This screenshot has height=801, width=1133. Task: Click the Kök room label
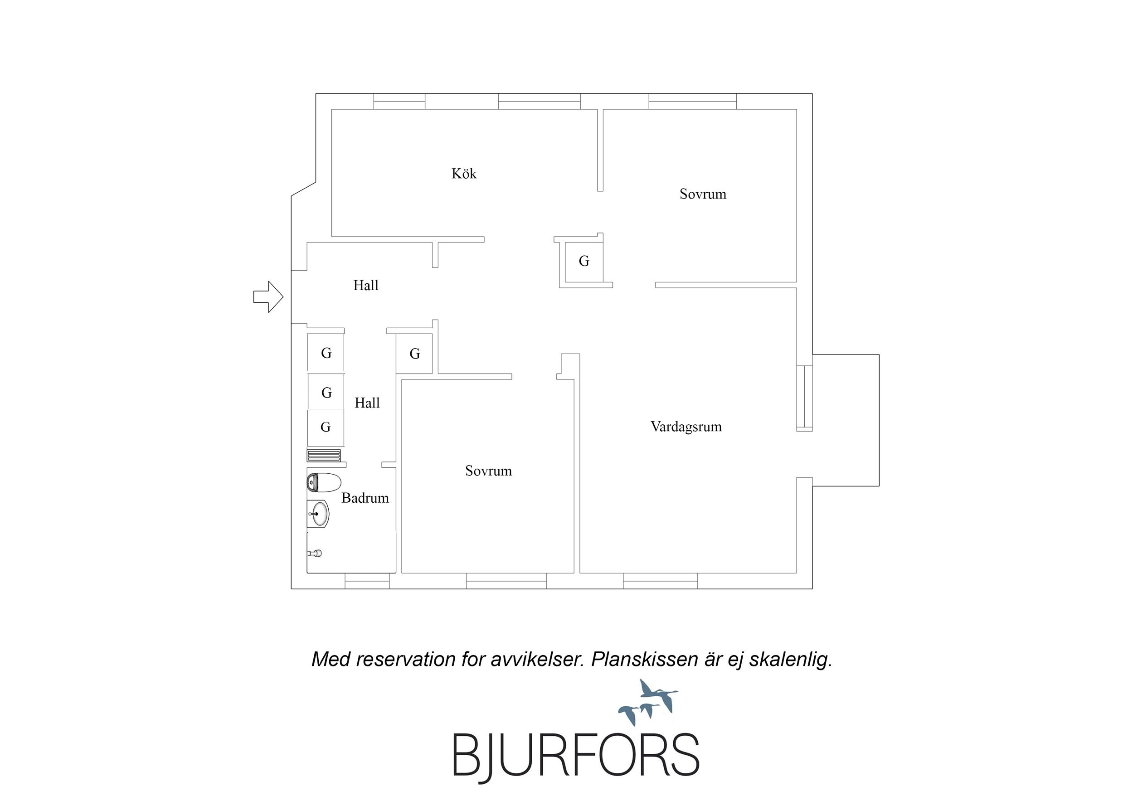tap(464, 174)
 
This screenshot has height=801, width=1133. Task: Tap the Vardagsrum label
tap(686, 427)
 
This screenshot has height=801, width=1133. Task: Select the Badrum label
tap(365, 498)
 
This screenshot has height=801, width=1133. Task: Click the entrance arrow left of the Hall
tap(268, 296)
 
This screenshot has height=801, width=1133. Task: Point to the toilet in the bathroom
tap(324, 483)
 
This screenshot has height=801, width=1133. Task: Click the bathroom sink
tap(318, 514)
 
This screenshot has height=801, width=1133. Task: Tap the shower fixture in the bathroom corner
tap(315, 553)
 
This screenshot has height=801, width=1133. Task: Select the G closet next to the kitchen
tap(584, 261)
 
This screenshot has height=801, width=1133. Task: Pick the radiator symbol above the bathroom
tap(324, 456)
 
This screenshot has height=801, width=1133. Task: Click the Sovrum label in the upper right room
tap(703, 194)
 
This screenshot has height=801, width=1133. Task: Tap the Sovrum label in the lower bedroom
tap(489, 471)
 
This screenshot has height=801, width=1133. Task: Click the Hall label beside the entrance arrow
tap(366, 285)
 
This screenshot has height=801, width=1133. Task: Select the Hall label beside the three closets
tap(367, 403)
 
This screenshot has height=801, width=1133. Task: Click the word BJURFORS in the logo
tap(576, 757)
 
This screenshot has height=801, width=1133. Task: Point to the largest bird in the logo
tap(658, 692)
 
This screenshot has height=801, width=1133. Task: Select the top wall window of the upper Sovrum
tap(692, 101)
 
